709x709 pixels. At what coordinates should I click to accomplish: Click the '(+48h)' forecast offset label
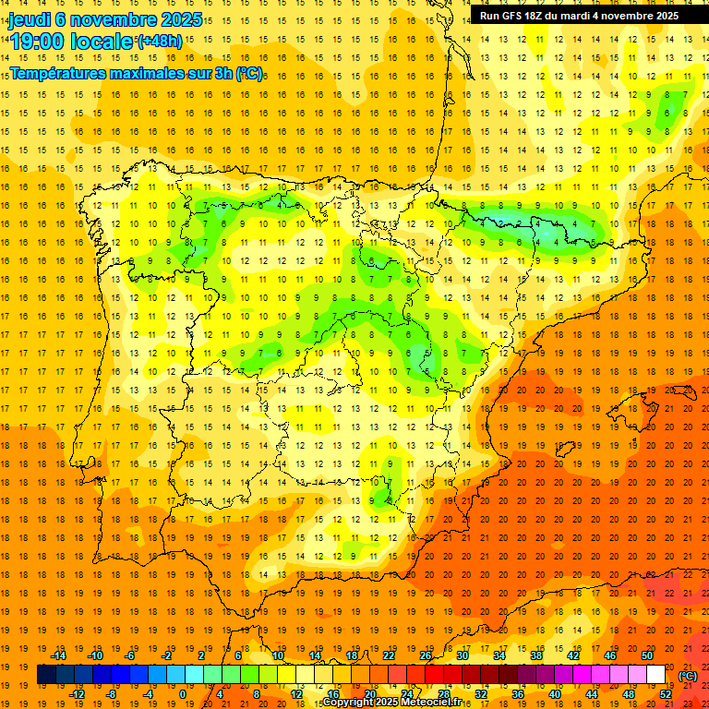click(x=160, y=41)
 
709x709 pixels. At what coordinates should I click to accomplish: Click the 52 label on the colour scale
click(x=666, y=694)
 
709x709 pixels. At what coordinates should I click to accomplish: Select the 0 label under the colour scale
click(x=183, y=694)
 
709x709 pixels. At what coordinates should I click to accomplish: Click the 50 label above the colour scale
click(x=647, y=655)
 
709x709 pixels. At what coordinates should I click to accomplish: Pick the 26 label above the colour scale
click(x=426, y=655)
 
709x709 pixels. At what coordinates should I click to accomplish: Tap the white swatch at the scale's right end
click(x=656, y=675)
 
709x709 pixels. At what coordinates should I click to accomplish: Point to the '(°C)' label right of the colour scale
click(x=688, y=676)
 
